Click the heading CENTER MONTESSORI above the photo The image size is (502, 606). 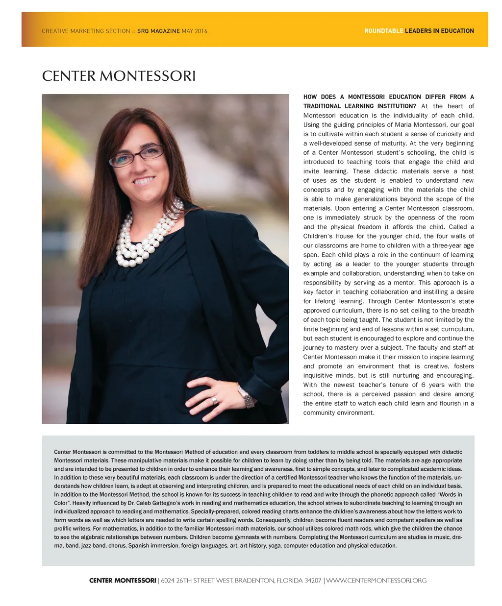(x=119, y=76)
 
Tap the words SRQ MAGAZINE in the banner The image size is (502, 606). (x=158, y=31)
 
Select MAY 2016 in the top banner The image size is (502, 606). (x=195, y=31)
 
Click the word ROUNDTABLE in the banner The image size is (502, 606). (x=384, y=31)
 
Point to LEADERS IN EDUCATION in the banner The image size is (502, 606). (x=439, y=31)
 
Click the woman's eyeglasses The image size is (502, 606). (x=137, y=156)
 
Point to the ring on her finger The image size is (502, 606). (x=214, y=400)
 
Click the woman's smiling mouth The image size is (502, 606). (x=144, y=180)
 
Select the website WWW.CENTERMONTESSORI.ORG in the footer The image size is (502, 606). (x=376, y=581)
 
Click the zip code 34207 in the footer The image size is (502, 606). (x=313, y=581)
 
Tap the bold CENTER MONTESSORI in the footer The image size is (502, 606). (x=123, y=581)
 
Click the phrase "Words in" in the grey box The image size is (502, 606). (x=448, y=494)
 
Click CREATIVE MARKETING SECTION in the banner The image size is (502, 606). (x=86, y=31)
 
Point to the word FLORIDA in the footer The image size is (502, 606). (x=289, y=581)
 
